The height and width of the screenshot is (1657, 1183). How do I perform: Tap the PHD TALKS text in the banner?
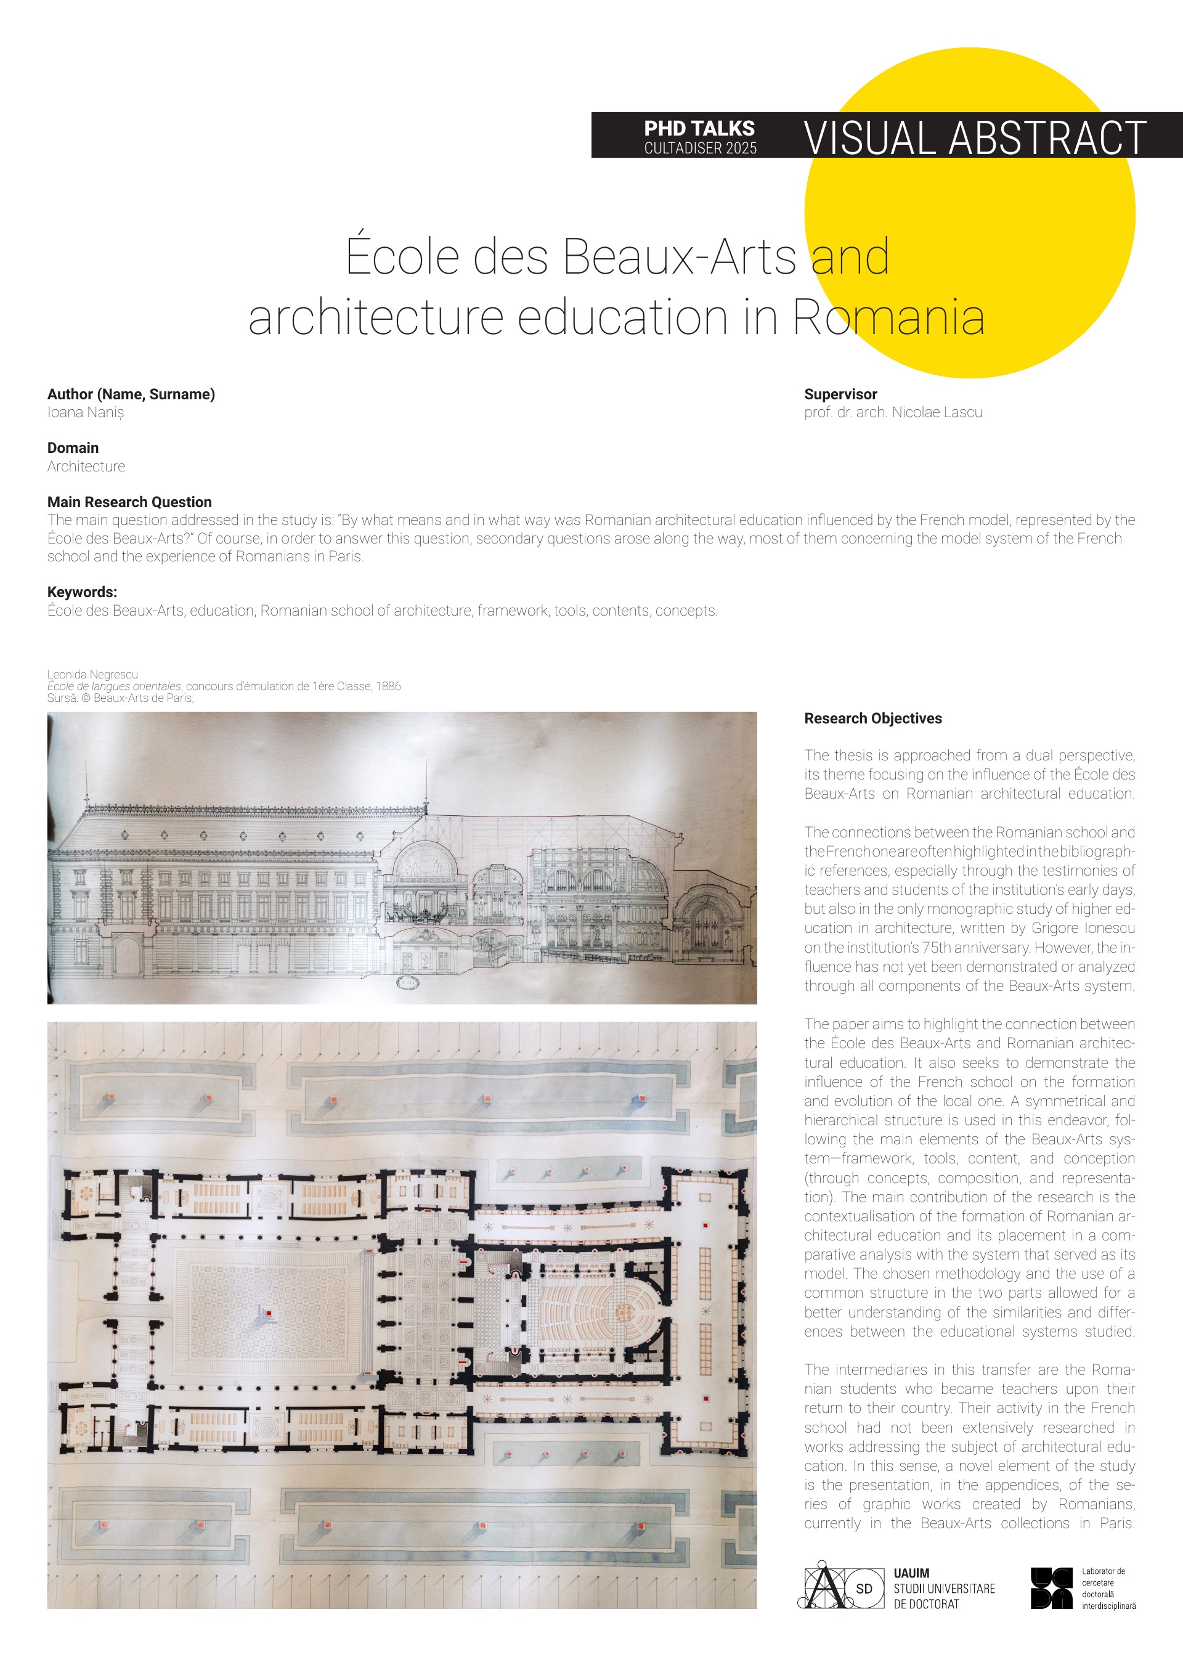click(699, 128)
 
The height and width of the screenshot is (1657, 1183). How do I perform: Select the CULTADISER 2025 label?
click(700, 148)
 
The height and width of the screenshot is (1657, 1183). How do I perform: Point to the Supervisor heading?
click(840, 394)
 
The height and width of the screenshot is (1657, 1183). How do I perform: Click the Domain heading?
click(73, 448)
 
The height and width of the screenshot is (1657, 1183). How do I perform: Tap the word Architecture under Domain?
click(86, 466)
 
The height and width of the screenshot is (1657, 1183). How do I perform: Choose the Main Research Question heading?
click(129, 502)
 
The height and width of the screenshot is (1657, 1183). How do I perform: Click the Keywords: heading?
click(81, 592)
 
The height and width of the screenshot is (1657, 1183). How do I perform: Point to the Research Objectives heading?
click(872, 718)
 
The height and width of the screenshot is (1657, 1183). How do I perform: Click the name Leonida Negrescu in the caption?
click(92, 675)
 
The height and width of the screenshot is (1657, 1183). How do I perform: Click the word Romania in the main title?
click(888, 317)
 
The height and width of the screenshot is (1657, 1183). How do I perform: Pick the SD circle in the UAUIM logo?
click(864, 1589)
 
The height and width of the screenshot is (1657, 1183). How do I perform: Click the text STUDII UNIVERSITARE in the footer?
click(944, 1589)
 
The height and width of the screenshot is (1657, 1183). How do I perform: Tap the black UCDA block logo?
click(1051, 1588)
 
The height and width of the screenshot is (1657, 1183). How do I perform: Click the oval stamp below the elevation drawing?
click(408, 982)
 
